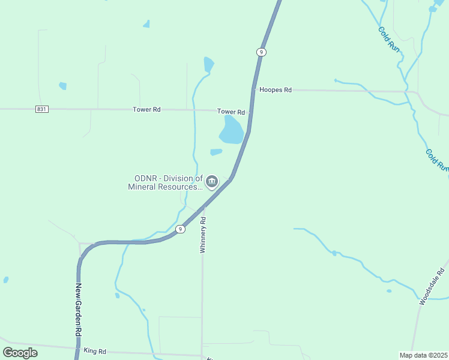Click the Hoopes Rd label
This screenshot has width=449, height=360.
pos(275,90)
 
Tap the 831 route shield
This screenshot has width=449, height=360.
pos(41,109)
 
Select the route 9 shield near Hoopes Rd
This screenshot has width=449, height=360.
pos(261,52)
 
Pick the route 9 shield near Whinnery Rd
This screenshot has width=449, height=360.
pos(179,229)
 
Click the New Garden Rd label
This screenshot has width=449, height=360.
pos(78,309)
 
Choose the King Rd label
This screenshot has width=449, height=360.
pos(95,350)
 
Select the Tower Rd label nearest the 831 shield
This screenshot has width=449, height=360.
pos(146,110)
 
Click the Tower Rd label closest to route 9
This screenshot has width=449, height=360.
pos(231,112)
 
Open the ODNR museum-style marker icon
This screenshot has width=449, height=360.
pos(212,181)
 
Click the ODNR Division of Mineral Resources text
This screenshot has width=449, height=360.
pos(165,182)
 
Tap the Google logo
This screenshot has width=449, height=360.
pos(20,352)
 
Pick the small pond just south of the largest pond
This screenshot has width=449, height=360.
pos(216,152)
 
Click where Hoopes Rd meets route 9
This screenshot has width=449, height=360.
pos(253,90)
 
